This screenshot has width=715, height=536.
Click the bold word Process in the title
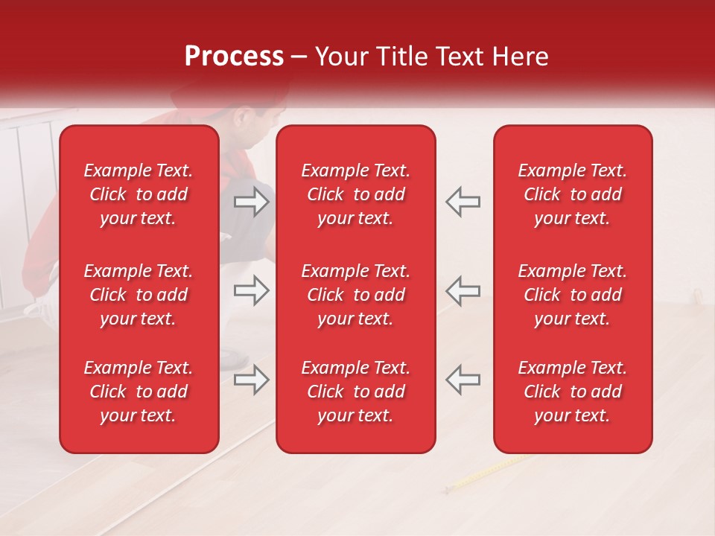[x=234, y=57]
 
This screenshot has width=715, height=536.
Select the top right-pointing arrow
[x=252, y=202]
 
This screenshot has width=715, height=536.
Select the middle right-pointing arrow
[x=252, y=290]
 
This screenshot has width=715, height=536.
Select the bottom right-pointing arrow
[x=252, y=380]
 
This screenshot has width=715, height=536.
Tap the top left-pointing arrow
[x=463, y=202]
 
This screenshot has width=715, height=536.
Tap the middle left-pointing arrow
[x=463, y=290]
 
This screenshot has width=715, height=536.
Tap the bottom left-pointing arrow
[x=463, y=380]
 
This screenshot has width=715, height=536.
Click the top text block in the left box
[x=139, y=194]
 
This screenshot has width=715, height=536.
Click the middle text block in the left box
[x=139, y=295]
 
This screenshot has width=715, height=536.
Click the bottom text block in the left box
[x=139, y=392]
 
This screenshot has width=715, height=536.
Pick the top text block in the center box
[x=356, y=194]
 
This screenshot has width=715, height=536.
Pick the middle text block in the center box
[x=356, y=295]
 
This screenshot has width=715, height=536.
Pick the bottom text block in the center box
[x=356, y=392]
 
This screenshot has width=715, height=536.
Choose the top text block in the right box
[x=573, y=194]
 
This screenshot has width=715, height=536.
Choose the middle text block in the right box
[x=573, y=295]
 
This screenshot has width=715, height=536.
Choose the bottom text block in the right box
[x=573, y=392]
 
